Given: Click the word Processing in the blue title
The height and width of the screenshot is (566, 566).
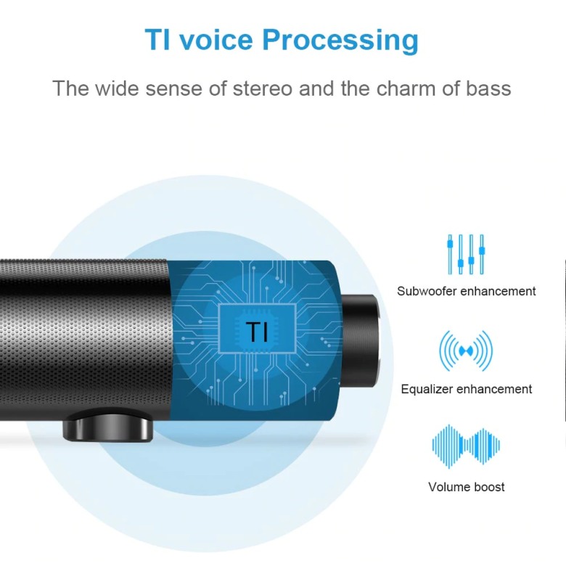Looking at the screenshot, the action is pyautogui.click(x=340, y=41).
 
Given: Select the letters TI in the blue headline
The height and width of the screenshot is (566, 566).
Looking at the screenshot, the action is pyautogui.click(x=157, y=39).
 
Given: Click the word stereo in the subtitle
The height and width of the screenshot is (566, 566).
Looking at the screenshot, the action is pyautogui.click(x=263, y=89).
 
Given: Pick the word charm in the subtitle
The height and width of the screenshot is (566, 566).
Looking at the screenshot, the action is pyautogui.click(x=406, y=89).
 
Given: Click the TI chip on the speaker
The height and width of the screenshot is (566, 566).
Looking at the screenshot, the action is pyautogui.click(x=258, y=329).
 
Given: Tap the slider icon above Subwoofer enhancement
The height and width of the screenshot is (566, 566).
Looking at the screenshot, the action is pyautogui.click(x=466, y=254).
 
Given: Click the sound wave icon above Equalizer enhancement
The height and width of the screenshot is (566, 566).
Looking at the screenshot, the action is pyautogui.click(x=466, y=350).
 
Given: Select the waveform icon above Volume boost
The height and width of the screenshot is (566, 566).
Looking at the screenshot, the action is pyautogui.click(x=466, y=446).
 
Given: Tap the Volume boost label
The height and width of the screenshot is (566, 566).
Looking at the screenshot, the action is pyautogui.click(x=467, y=487).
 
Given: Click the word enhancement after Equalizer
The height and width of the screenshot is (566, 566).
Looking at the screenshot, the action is pyautogui.click(x=494, y=389).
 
